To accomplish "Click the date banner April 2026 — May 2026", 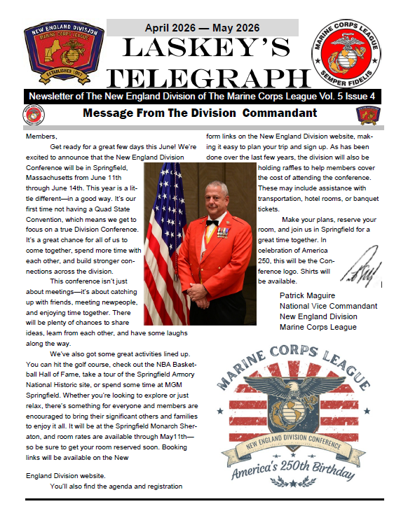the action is (x=202, y=28).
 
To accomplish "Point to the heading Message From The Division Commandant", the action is (x=200, y=113).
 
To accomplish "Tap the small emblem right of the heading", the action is (x=366, y=113).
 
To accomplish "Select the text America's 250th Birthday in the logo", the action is (x=303, y=468).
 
